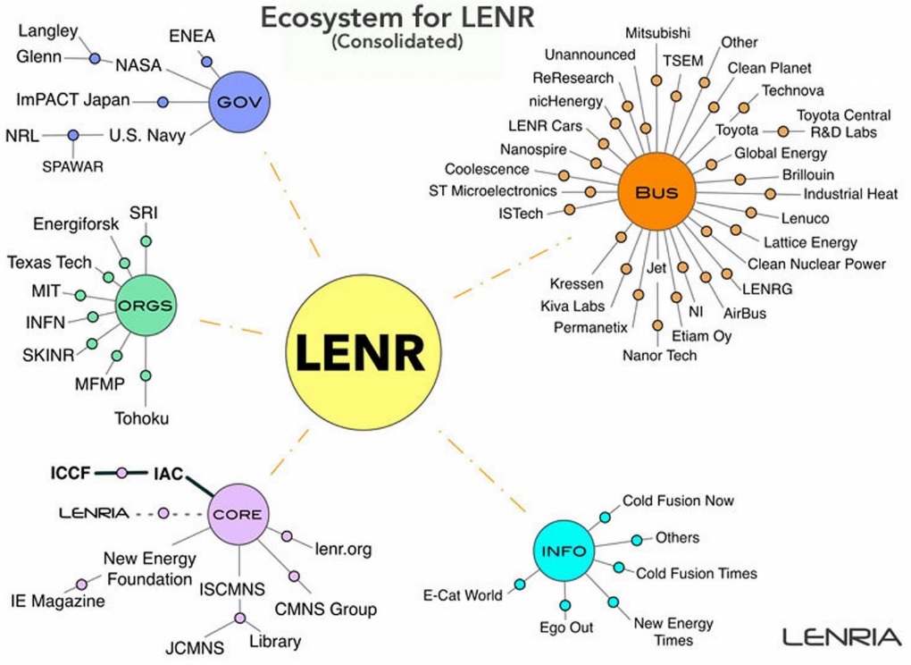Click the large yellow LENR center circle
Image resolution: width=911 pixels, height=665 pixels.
[364, 353]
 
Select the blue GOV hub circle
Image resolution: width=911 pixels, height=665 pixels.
[239, 102]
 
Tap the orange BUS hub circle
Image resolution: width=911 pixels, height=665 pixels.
[656, 192]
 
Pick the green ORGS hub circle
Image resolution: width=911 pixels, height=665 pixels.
[146, 305]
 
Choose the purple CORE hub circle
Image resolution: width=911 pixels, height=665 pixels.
[238, 514]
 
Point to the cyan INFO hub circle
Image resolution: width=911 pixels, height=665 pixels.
[564, 551]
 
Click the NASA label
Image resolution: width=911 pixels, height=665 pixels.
[138, 65]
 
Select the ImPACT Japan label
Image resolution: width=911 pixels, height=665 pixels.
[72, 100]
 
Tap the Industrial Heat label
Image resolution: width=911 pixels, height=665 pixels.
[850, 194]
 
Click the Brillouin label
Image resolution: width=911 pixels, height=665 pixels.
[808, 174]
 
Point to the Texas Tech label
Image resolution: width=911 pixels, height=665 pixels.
[49, 263]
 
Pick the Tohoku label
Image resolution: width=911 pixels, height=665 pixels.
[142, 418]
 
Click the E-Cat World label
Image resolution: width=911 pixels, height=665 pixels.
[463, 595]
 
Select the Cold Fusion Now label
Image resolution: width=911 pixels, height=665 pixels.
[678, 501]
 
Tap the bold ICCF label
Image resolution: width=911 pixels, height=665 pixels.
[71, 473]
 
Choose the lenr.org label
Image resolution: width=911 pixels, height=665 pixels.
[343, 549]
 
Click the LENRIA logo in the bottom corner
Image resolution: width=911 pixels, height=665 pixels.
[842, 637]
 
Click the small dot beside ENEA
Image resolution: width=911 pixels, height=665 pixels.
[206, 62]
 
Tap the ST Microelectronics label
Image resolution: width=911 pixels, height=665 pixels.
[493, 190]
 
